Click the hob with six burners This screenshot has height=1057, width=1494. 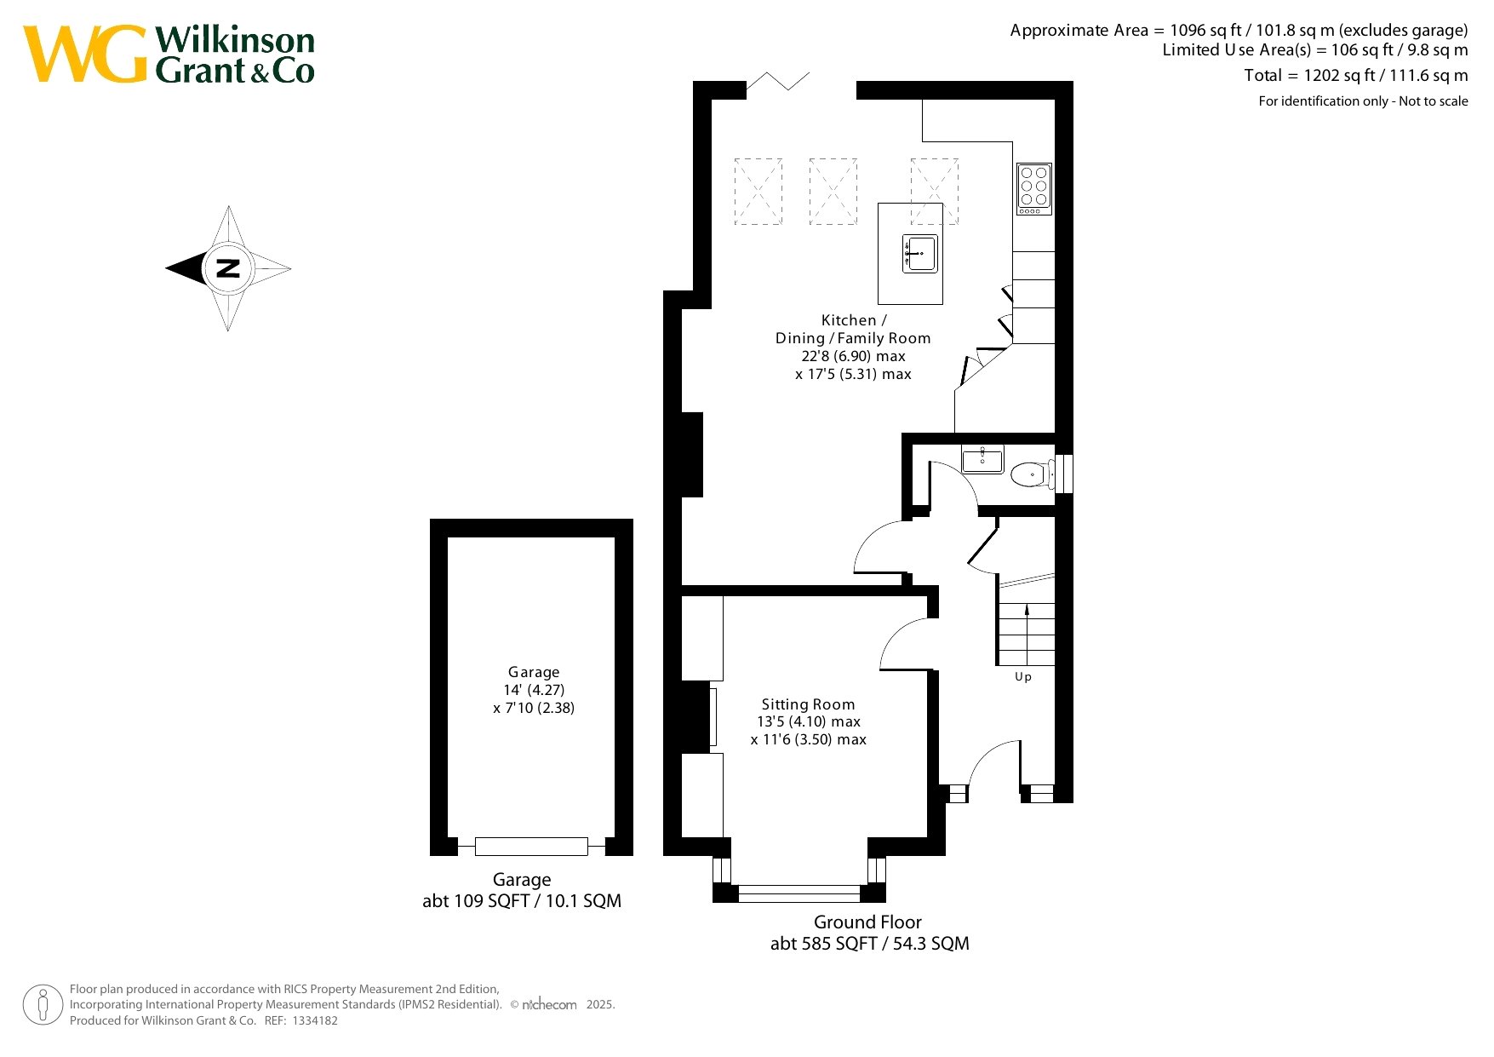tap(1034, 188)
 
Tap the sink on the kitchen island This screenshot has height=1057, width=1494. tap(920, 254)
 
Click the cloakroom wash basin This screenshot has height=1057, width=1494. tap(983, 459)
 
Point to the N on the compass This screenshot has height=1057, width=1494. tap(228, 268)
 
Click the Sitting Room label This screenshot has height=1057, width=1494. tap(808, 704)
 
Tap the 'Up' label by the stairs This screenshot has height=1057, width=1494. tap(1023, 676)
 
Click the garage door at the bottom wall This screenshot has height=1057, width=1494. tap(531, 846)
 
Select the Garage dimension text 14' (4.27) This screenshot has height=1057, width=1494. tap(534, 690)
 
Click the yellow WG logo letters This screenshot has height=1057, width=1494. tap(85, 54)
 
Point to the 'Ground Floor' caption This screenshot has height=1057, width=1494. tap(867, 922)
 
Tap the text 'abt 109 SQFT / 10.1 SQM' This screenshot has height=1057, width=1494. tap(522, 900)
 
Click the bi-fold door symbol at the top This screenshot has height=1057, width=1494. tap(778, 82)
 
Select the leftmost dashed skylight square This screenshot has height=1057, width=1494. tap(758, 192)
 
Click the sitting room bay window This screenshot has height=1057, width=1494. tap(799, 893)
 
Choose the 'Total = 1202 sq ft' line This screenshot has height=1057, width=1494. tap(1356, 76)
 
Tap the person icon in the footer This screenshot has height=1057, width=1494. tap(43, 1005)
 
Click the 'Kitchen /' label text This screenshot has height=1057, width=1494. tap(854, 320)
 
